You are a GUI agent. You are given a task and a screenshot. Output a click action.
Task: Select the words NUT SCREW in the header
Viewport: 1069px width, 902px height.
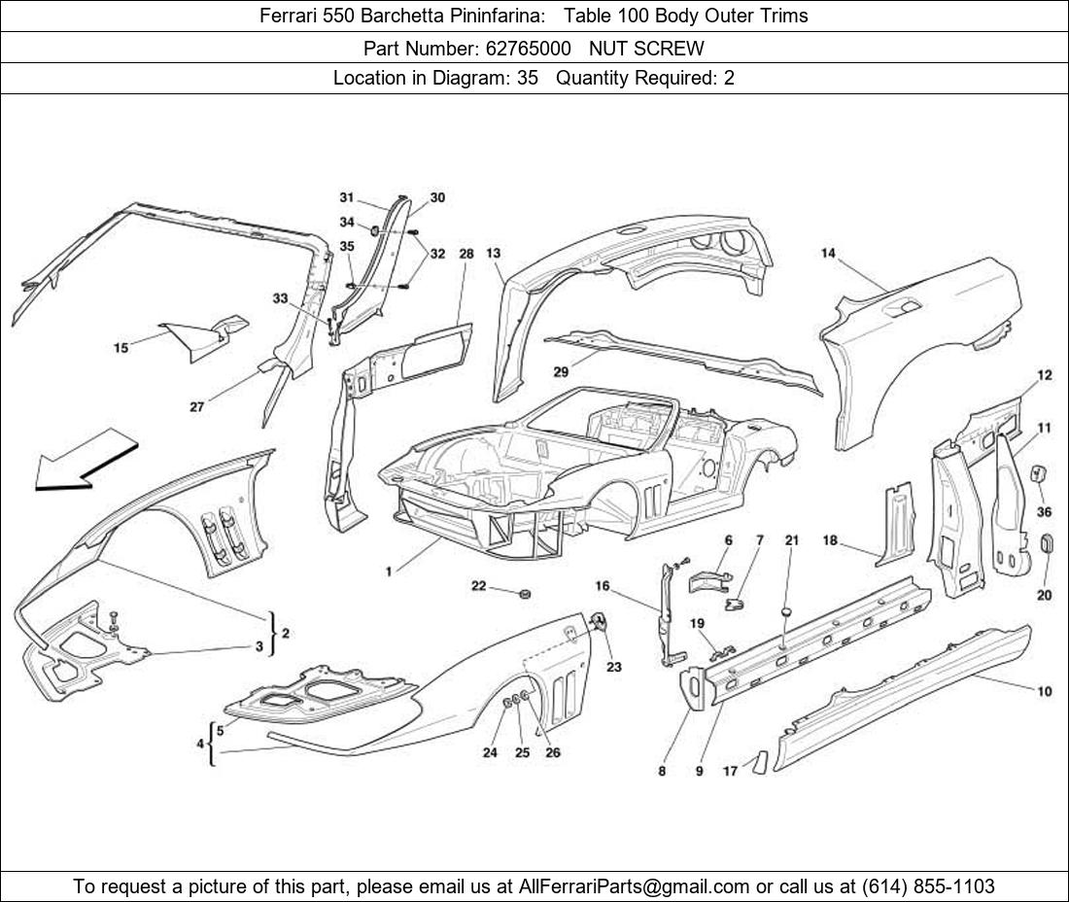click(x=646, y=48)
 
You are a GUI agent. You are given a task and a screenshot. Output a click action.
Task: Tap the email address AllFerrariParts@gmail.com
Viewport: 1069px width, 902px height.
click(x=635, y=886)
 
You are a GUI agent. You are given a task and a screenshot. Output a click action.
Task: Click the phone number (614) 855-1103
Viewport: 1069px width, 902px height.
click(x=928, y=886)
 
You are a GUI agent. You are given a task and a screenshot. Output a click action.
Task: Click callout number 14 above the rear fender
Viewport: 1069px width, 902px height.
click(x=828, y=254)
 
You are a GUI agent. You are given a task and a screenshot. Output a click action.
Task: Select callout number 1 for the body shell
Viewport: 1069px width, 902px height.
click(x=389, y=572)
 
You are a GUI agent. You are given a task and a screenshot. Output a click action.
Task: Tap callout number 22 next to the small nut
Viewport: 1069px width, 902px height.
click(x=479, y=586)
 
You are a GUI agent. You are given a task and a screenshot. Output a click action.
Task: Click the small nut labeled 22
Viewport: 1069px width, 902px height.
click(x=525, y=592)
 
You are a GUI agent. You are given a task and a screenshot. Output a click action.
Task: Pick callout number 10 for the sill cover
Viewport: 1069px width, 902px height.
click(x=1044, y=692)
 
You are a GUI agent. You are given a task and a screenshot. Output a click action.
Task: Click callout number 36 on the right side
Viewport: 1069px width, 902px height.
click(x=1044, y=511)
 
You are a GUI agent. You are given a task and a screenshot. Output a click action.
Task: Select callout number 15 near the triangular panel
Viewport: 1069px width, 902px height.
click(x=121, y=347)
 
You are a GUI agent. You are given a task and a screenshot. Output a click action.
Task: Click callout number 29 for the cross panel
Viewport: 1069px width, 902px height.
click(x=561, y=372)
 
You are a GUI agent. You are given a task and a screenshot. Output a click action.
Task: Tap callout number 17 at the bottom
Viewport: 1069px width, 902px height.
click(x=730, y=772)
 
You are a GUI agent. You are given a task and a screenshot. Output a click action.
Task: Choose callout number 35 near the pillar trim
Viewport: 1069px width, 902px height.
click(x=347, y=246)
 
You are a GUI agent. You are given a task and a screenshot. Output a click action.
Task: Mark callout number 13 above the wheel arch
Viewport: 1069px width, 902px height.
click(x=494, y=254)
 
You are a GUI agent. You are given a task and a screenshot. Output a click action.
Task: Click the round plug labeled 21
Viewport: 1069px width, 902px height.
click(x=785, y=612)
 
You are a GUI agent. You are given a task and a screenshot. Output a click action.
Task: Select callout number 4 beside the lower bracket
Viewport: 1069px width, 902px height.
click(x=201, y=744)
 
